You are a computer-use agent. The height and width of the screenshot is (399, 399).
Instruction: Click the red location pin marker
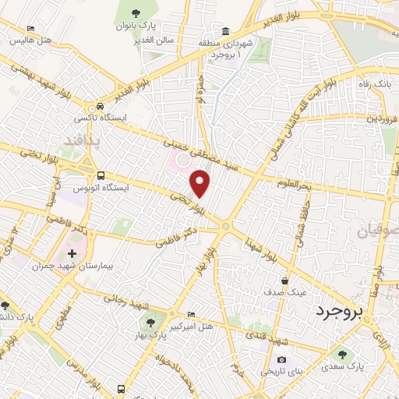pos(201,184)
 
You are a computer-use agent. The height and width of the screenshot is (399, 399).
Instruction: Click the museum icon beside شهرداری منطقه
pos(225,32)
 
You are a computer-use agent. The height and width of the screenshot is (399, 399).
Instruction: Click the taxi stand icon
pos(99,108)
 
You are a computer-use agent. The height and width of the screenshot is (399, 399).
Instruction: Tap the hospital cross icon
pos(72,254)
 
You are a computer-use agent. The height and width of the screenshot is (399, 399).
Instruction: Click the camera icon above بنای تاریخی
pos(281,360)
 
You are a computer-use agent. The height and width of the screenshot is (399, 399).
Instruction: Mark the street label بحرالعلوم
pos(293,184)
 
